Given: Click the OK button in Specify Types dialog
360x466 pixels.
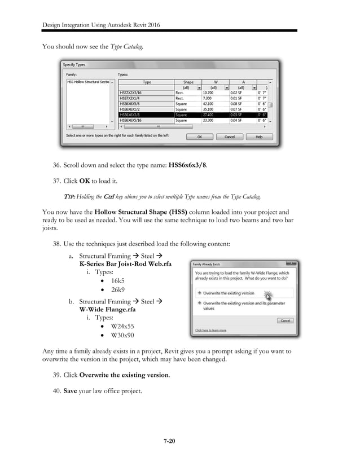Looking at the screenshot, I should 200,137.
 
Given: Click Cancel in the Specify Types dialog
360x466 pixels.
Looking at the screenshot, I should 230,137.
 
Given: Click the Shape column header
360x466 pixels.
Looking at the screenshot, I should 188,82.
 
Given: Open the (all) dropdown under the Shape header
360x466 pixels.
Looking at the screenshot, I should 199,87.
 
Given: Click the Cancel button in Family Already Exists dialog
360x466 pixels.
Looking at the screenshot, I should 285,320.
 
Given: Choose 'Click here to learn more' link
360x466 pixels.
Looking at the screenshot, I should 210,330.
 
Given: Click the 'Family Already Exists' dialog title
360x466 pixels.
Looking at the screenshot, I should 211,263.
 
